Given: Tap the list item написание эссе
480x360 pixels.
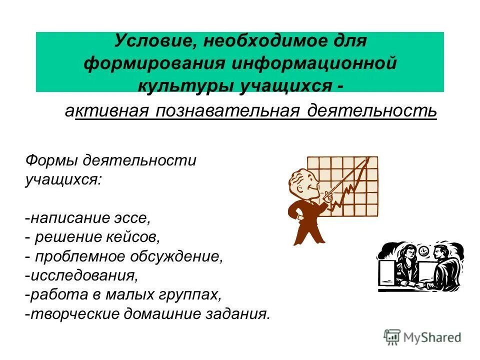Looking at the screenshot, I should [x=88, y=218].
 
